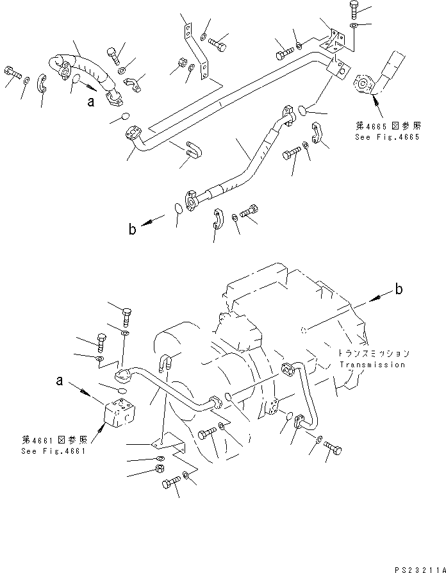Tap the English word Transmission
point(372,365)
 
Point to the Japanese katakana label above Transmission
point(374,353)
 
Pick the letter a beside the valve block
point(59,381)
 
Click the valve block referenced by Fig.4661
point(120,411)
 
